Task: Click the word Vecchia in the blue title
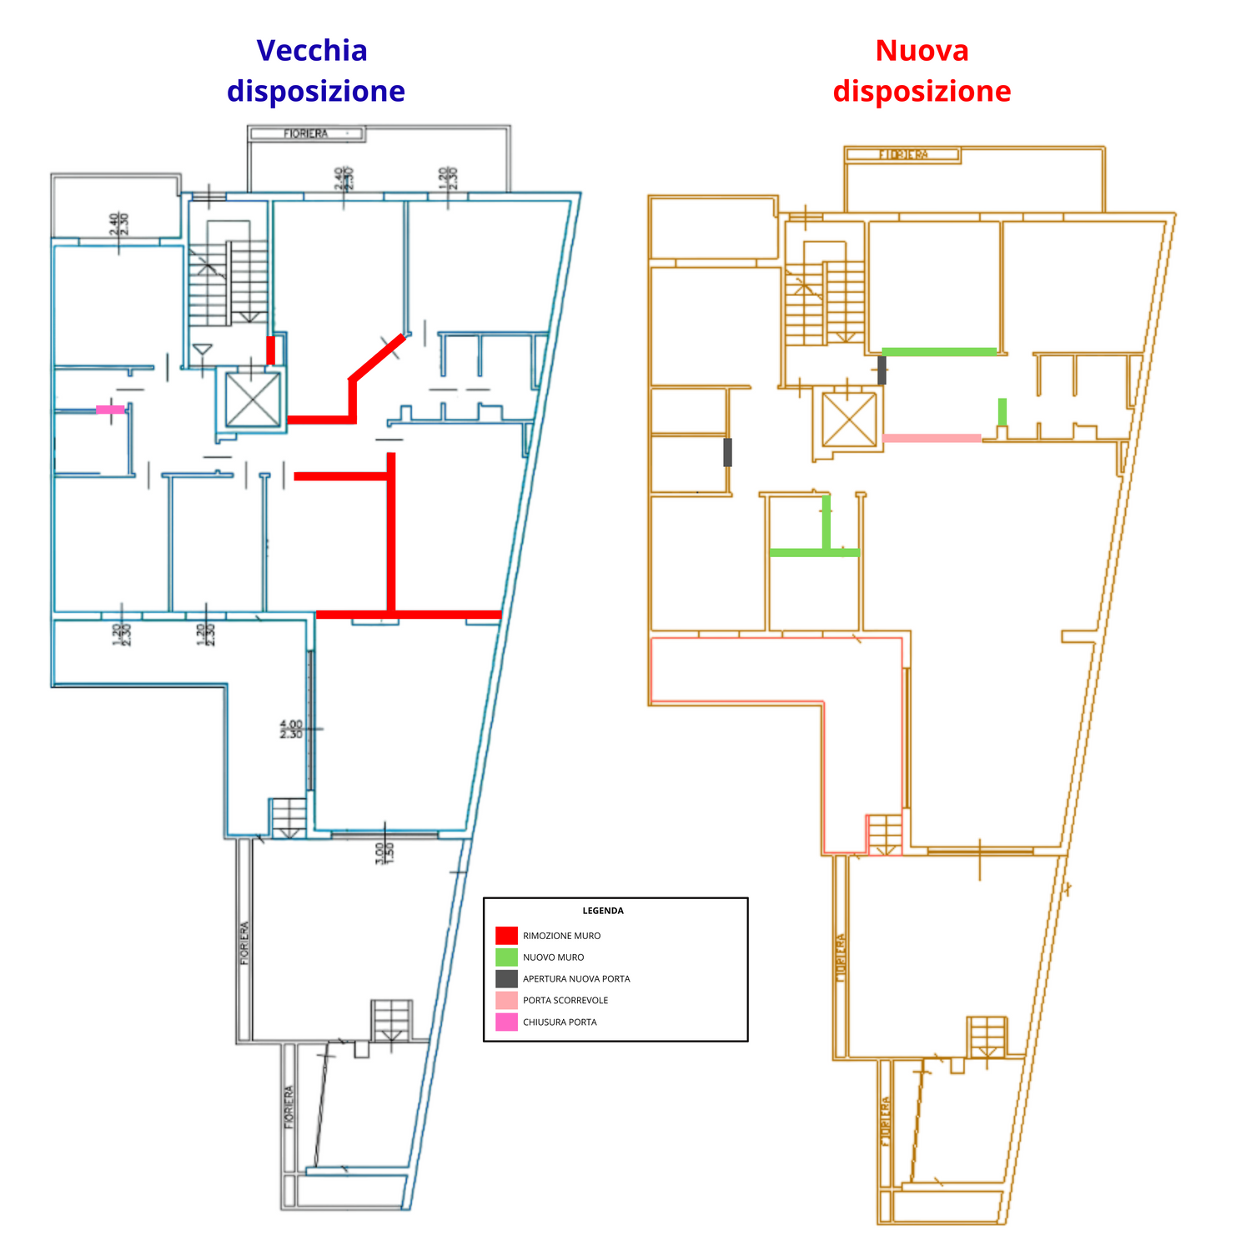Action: pos(312,51)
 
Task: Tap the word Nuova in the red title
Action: pos(922,51)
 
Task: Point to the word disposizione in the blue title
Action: pos(316,91)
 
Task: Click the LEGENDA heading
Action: pos(603,911)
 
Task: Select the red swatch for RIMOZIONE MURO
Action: pos(506,936)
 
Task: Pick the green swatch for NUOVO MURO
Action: pos(506,957)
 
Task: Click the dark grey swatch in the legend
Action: pos(506,979)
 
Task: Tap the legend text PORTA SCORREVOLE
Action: pos(565,1001)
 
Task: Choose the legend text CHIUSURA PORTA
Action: pos(560,1022)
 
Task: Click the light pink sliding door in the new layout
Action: pos(932,438)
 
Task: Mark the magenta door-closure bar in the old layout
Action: pos(110,409)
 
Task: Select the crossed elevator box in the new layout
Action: pos(849,420)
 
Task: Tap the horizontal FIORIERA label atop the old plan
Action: pos(306,133)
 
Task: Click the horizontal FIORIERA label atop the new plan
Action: pos(903,154)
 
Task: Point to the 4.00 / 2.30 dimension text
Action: pos(291,730)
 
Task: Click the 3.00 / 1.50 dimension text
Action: pos(384,852)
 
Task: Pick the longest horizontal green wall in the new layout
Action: pos(939,352)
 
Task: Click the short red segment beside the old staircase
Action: pos(270,350)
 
